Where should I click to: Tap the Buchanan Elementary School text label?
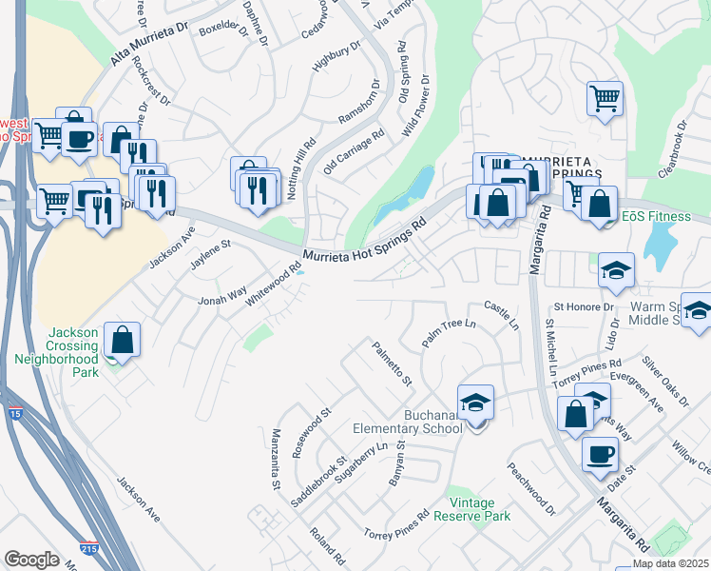click(x=407, y=421)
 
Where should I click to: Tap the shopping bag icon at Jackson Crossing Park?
click(x=123, y=340)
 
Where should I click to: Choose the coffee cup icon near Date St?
click(x=599, y=454)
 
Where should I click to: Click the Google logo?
click(x=31, y=559)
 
